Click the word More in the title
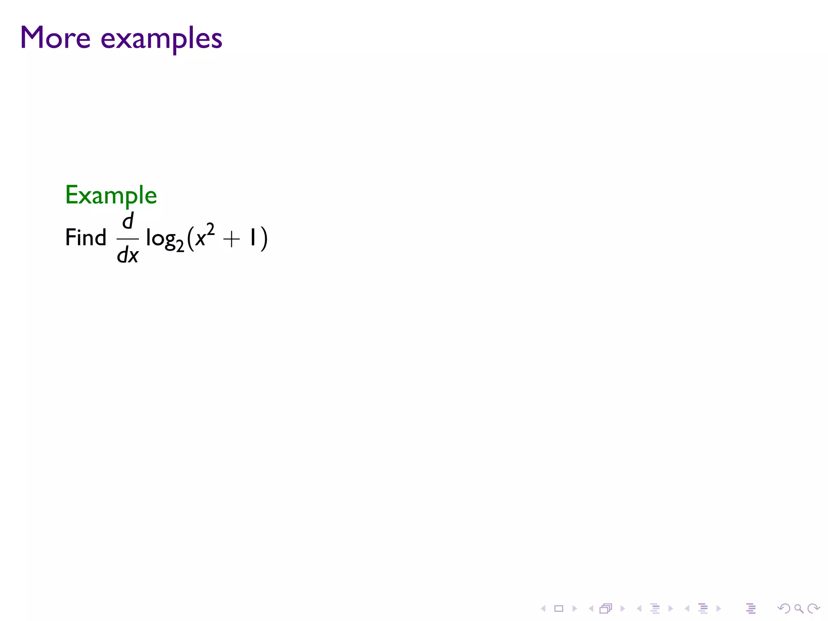point(55,38)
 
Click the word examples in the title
point(161,40)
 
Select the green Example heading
point(111,196)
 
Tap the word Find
point(85,237)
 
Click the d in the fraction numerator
point(128,221)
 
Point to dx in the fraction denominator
point(128,255)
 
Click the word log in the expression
point(161,239)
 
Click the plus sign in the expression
point(231,239)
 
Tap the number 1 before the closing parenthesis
point(253,237)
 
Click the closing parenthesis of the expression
point(264,239)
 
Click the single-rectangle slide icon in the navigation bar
point(559,608)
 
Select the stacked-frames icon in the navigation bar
point(606,608)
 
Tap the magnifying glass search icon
point(798,608)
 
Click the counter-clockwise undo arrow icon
point(784,608)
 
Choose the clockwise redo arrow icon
point(813,608)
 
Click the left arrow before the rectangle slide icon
point(543,608)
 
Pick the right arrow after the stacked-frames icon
point(623,608)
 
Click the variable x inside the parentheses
point(200,239)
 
